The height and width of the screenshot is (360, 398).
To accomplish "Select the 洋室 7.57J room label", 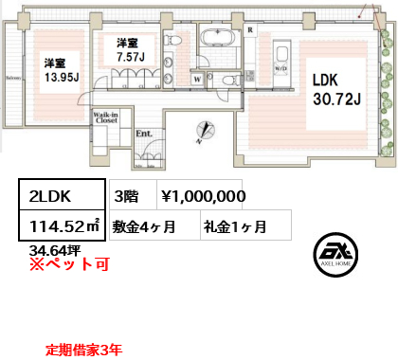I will click(128, 49).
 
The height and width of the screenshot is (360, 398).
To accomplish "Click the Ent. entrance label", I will click(145, 135).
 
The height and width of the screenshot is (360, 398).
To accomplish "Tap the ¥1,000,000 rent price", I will click(204, 196).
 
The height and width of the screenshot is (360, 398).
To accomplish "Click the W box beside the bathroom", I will click(196, 80).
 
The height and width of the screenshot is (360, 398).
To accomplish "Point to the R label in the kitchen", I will click(249, 29).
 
